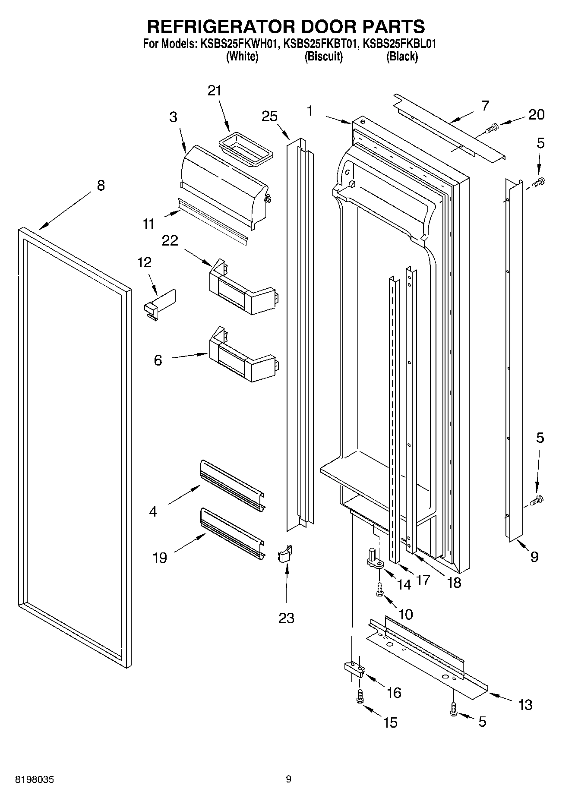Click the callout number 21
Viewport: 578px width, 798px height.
(214, 91)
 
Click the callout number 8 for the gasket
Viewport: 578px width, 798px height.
(100, 186)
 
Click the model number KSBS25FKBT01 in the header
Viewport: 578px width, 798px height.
(319, 44)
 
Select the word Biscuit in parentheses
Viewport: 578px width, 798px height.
(323, 57)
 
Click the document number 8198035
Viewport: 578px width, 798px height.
(35, 779)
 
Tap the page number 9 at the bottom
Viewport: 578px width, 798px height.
(288, 779)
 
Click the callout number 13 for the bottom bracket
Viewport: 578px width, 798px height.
(525, 705)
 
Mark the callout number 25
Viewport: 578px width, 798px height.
(269, 117)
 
